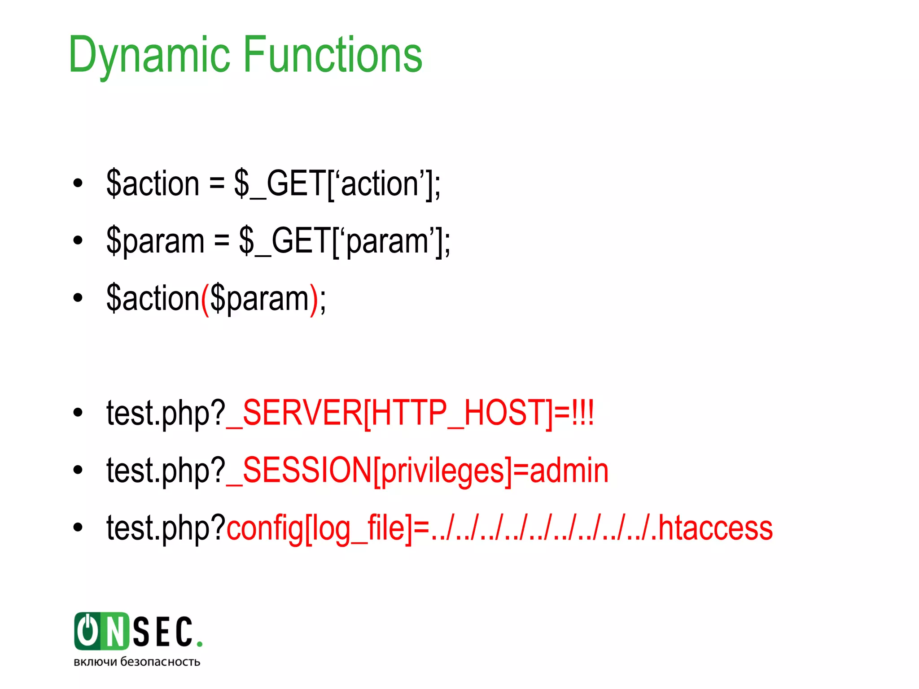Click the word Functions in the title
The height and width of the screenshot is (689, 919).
(x=333, y=55)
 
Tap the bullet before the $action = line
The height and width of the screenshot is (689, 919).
(x=78, y=183)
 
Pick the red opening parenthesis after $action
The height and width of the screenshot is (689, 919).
(x=205, y=299)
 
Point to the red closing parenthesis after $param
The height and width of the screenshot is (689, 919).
(x=314, y=299)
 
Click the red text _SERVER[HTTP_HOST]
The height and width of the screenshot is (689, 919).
(x=389, y=413)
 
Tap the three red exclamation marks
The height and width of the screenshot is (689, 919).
(x=582, y=412)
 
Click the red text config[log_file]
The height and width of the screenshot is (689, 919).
(x=319, y=528)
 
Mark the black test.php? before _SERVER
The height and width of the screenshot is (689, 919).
(x=166, y=413)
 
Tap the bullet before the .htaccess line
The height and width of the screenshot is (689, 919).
(x=78, y=528)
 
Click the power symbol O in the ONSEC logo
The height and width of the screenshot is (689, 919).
(x=88, y=631)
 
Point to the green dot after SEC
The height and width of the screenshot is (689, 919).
(x=200, y=644)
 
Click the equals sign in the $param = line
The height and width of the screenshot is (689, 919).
(x=221, y=241)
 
